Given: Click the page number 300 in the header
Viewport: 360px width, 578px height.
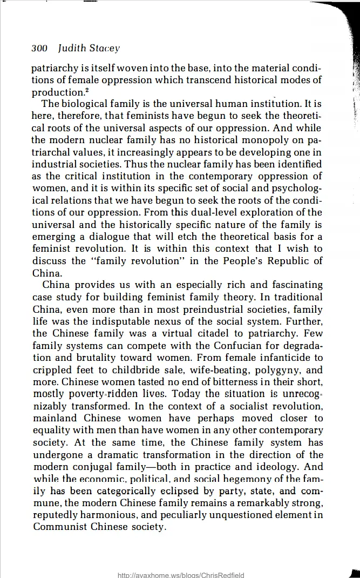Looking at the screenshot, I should pyautogui.click(x=39, y=48).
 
